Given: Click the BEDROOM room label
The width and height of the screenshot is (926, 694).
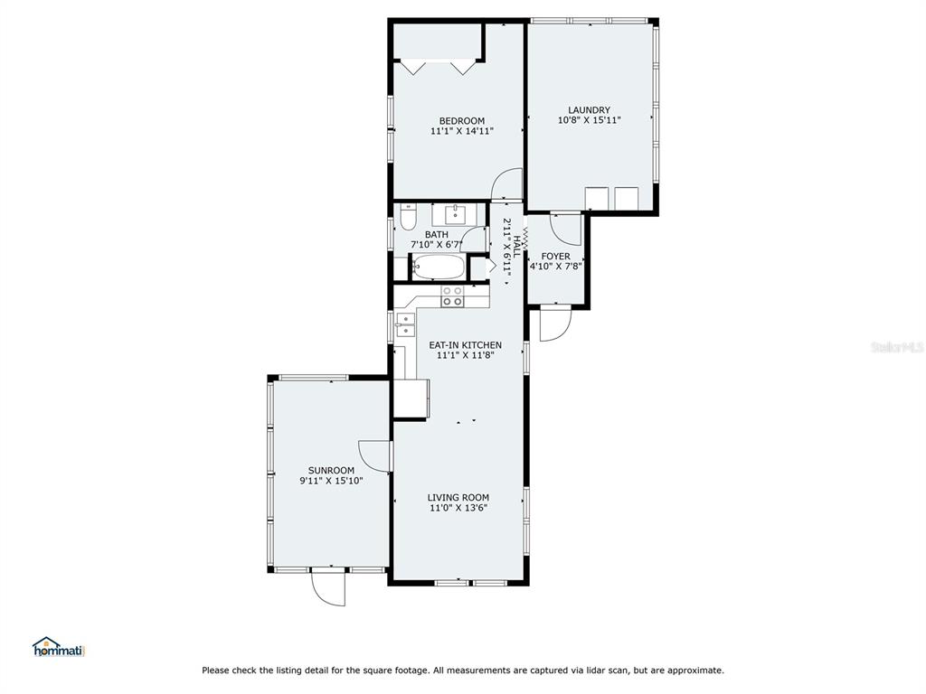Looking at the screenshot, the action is click(x=462, y=121).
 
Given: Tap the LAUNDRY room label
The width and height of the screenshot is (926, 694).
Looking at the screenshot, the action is click(x=589, y=109).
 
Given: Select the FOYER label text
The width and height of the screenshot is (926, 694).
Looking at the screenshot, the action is click(x=556, y=256).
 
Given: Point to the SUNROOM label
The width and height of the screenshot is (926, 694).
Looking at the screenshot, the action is click(x=331, y=470).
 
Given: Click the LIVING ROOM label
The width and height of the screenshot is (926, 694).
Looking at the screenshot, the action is click(x=458, y=498).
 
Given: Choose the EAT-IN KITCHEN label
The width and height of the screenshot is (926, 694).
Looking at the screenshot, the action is click(x=466, y=345).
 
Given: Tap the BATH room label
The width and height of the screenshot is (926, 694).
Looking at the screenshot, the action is click(x=437, y=235).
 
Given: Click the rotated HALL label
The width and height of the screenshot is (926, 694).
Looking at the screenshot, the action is click(x=516, y=246).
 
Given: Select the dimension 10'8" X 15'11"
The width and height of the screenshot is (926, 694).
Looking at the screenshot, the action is click(x=589, y=120).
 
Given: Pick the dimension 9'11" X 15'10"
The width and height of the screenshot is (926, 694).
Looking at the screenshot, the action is click(x=331, y=481).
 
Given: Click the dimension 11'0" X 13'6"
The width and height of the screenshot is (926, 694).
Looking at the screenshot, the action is click(x=458, y=508).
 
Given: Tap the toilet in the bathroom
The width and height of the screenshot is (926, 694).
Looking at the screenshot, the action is click(x=408, y=217).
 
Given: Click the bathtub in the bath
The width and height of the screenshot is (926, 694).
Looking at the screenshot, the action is click(x=439, y=267).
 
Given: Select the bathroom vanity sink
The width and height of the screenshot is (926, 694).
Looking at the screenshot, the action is click(x=456, y=214).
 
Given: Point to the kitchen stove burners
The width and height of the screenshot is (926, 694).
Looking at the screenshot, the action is click(x=453, y=296).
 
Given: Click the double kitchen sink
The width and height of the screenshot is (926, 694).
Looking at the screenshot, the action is click(x=406, y=324).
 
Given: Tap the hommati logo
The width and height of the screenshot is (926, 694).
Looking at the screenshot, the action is click(x=59, y=647).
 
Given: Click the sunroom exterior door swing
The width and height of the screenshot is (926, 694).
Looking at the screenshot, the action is click(x=328, y=587).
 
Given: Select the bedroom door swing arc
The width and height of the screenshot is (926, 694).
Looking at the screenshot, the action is click(x=506, y=183).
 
